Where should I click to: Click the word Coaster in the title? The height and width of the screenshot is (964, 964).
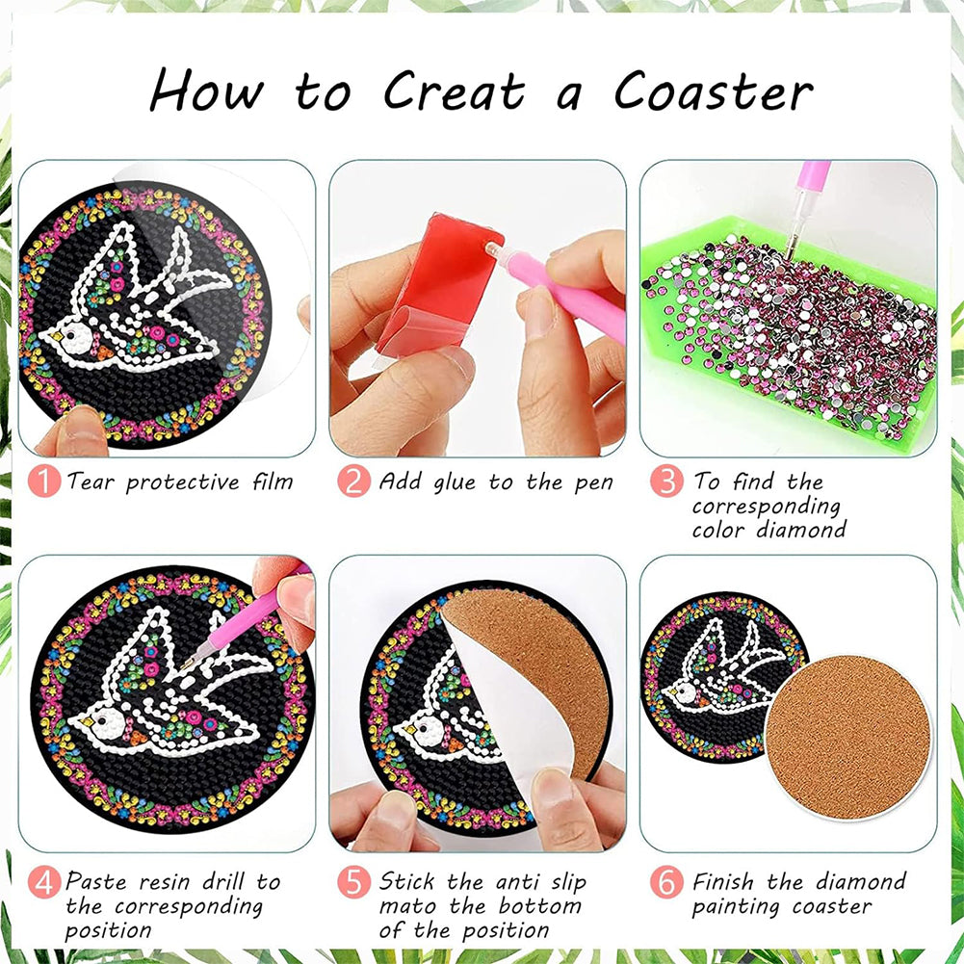click(x=714, y=91)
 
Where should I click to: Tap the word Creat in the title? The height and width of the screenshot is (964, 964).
click(x=455, y=91)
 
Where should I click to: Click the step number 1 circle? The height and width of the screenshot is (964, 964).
click(x=44, y=481)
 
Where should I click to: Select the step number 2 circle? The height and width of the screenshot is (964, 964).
click(x=354, y=481)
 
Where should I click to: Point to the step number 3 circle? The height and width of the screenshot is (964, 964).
click(x=666, y=481)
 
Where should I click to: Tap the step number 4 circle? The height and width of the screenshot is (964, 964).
click(x=44, y=882)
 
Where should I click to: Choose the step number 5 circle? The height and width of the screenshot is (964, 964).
click(x=354, y=882)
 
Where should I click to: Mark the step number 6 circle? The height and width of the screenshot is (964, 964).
click(x=666, y=882)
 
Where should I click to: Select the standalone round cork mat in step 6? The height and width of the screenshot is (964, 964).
click(x=848, y=738)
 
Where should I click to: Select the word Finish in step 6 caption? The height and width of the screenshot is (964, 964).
click(x=723, y=881)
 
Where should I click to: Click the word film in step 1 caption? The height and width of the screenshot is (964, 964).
click(x=273, y=481)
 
